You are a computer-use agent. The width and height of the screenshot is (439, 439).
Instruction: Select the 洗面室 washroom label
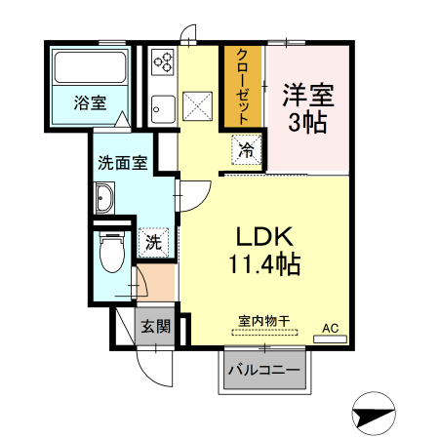click(x=122, y=163)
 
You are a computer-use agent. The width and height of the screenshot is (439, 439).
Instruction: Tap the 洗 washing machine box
click(x=153, y=241)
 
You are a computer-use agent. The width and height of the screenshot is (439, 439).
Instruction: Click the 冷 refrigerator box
click(x=247, y=151)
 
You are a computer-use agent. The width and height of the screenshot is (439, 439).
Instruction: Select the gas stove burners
click(x=162, y=63)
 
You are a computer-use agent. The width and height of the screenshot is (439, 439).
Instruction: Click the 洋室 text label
click(x=308, y=96)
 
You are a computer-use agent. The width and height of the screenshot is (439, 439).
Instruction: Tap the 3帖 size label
click(x=308, y=124)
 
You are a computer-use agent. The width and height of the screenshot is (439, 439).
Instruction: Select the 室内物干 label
click(x=263, y=319)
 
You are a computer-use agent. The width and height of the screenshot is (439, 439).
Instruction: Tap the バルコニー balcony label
click(x=264, y=371)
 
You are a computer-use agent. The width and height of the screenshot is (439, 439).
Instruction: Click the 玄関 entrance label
click(x=153, y=326)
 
